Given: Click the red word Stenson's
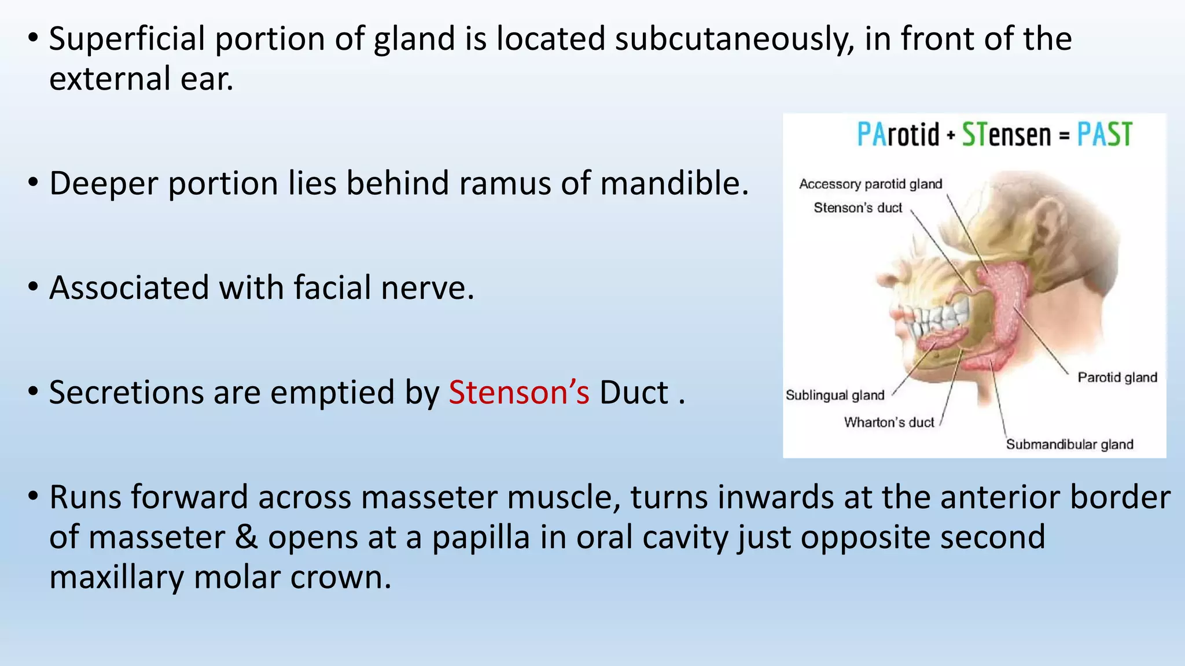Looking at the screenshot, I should [518, 393].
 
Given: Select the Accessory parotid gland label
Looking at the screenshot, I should [870, 184].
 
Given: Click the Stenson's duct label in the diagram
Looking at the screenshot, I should [858, 208].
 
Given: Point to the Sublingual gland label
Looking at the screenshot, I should [835, 395].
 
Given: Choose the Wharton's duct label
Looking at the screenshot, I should [889, 423].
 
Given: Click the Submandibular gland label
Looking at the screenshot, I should [1069, 445].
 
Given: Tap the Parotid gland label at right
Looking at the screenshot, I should [1117, 378].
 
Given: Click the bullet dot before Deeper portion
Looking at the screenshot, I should [33, 183].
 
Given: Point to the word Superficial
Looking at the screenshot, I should [127, 39].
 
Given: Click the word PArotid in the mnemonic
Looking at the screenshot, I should [898, 135].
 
